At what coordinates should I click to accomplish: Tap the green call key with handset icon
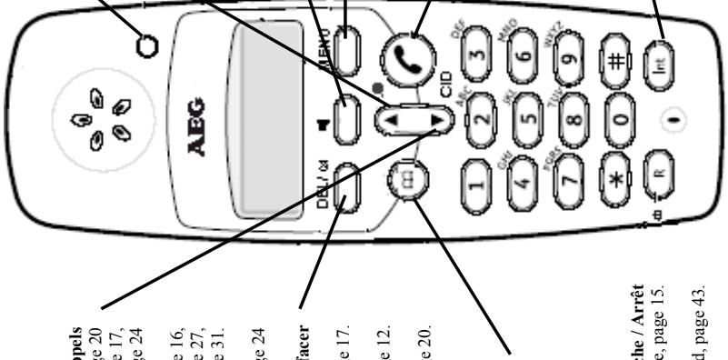[x=415, y=55]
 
